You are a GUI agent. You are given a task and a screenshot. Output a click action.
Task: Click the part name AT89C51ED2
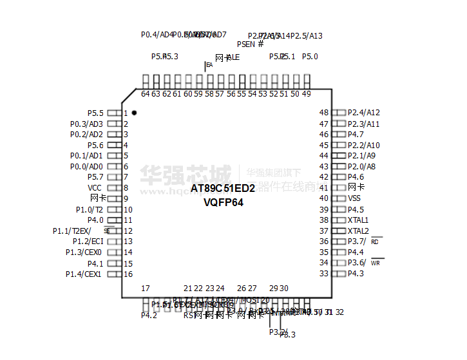pos(223,188)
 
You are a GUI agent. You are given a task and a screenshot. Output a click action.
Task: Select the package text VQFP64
pos(223,202)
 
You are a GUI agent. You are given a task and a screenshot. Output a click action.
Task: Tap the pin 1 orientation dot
pos(134,113)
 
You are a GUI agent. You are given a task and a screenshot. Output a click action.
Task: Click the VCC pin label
pos(95,188)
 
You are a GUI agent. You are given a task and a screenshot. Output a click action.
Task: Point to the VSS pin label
pos(354,198)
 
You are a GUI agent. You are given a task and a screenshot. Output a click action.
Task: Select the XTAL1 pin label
pos(358,220)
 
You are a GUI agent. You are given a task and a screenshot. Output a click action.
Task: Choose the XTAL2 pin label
pos(358,231)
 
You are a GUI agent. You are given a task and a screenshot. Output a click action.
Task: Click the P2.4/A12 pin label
pos(363,113)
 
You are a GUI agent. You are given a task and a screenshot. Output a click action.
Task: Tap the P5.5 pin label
pos(95,113)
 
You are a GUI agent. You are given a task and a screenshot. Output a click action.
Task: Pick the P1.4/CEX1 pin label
pos(83,274)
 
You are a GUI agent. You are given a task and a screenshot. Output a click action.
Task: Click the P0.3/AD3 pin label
pos(86,124)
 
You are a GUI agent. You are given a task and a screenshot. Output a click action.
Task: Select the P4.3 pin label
pos(356,274)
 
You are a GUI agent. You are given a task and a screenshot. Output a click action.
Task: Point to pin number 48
pos(324,113)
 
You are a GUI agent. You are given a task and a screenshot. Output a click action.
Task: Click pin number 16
pos(128,274)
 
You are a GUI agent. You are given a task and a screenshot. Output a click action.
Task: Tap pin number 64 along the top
pos(146,94)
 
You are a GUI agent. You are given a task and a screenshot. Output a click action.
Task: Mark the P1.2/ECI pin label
pos(87,242)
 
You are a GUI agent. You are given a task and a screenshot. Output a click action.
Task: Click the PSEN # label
pos(250,44)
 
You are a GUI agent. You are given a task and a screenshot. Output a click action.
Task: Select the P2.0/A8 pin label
pos(361,166)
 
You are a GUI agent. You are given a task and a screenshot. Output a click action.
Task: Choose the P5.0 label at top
pos(310,57)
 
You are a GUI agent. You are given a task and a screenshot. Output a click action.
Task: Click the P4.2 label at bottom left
pos(149,316)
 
